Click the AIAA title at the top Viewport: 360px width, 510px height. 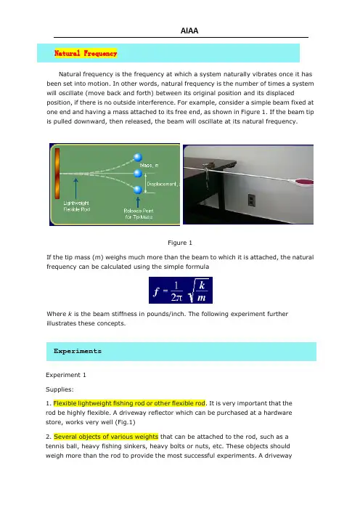(189, 31)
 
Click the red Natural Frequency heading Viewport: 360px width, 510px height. (86, 53)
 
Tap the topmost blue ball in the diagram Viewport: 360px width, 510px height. (138, 158)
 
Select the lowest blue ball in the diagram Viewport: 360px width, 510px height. (138, 190)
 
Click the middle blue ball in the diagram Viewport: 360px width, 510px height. (138, 174)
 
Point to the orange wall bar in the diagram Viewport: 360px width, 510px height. (57, 174)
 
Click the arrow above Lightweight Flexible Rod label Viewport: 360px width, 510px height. (76, 188)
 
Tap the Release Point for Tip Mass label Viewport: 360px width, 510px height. (139, 214)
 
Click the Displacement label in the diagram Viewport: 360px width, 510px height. (163, 184)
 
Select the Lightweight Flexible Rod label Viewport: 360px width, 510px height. (77, 206)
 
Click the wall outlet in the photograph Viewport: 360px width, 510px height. (251, 200)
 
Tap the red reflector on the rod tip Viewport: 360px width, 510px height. (305, 182)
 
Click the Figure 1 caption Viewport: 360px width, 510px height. (180, 243)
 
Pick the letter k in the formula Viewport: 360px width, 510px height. (202, 286)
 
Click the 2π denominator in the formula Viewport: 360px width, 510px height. (177, 297)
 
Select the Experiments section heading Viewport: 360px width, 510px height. (78, 351)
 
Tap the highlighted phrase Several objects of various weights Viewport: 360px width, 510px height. (106, 437)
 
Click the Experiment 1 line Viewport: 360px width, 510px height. (66, 375)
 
